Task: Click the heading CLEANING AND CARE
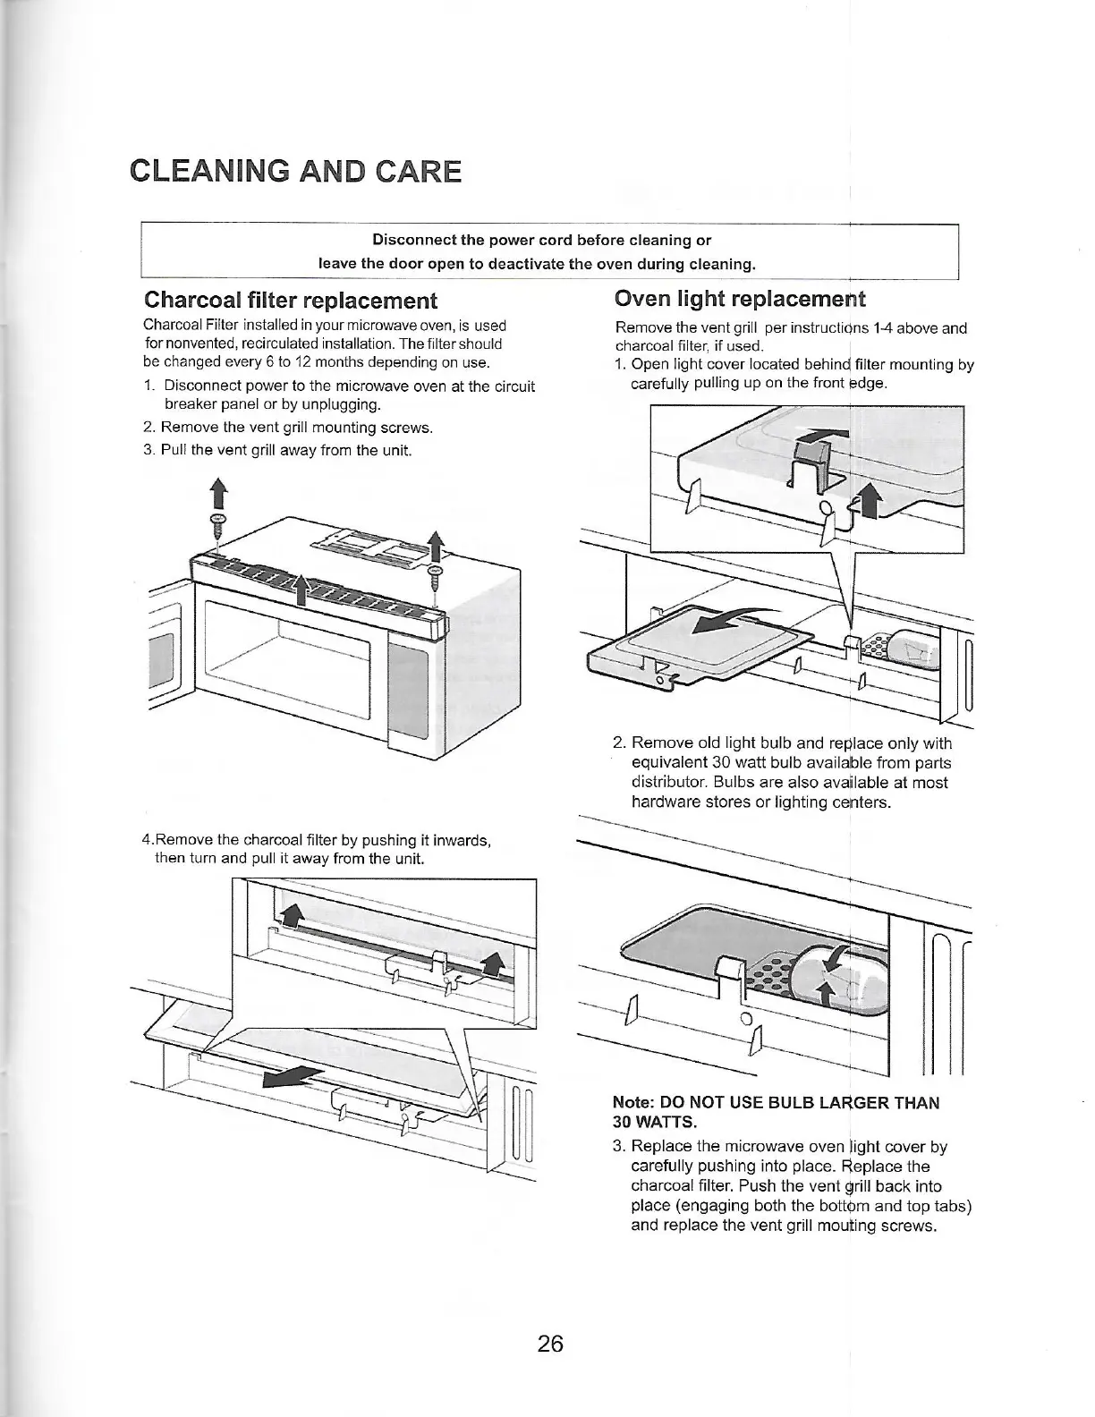[295, 171]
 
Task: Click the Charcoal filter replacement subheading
[291, 300]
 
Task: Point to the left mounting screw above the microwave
[216, 524]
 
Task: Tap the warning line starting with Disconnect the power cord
[541, 240]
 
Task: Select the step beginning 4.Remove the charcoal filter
[318, 840]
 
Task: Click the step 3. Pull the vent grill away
[277, 449]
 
